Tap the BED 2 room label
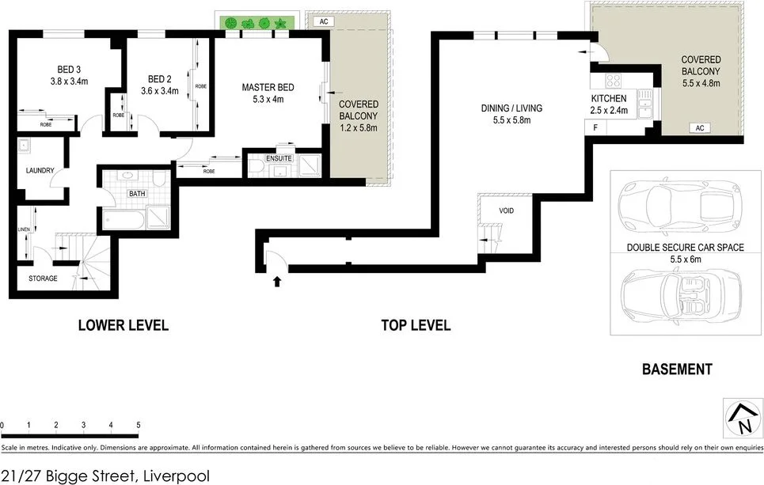(160, 78)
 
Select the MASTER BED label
(268, 86)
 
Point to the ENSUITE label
(279, 158)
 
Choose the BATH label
(137, 192)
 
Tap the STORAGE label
(44, 278)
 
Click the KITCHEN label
(609, 98)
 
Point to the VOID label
(507, 211)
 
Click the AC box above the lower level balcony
(323, 22)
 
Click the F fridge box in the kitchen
(594, 127)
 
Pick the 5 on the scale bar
(139, 426)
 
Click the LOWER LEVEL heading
(123, 325)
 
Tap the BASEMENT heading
(676, 369)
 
